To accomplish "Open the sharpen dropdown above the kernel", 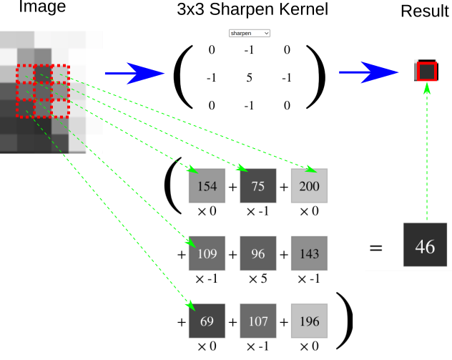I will [x=249, y=33].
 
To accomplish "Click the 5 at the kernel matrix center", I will [x=249, y=78].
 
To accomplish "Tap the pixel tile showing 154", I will [x=207, y=186].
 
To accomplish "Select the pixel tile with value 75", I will [x=258, y=186].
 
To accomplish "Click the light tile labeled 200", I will [x=309, y=186].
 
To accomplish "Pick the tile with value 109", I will [x=207, y=253].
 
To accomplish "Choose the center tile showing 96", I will [x=258, y=253].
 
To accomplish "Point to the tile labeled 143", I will [x=309, y=253].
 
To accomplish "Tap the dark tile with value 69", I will [x=207, y=321].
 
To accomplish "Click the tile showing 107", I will [x=258, y=321].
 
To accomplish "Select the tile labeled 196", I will [x=309, y=321].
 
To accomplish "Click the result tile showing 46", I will [x=425, y=245].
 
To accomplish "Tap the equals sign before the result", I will [x=376, y=248].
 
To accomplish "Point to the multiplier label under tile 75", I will [x=258, y=212].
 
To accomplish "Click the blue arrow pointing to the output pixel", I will [x=369, y=72].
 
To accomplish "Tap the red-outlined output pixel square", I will [x=426, y=72].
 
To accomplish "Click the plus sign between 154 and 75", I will [x=232, y=188].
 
